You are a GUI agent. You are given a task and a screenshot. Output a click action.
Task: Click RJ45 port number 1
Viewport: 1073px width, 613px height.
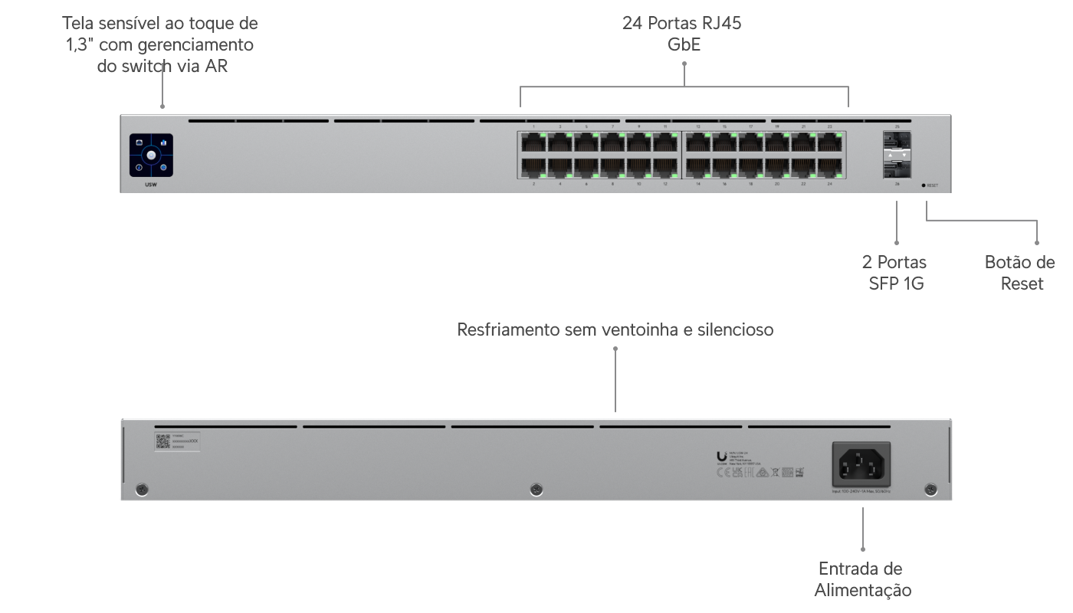[x=533, y=142]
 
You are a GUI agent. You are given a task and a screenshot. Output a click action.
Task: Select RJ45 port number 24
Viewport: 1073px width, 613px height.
[x=830, y=166]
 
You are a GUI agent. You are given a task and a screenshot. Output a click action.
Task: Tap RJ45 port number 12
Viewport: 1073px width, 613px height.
[x=664, y=166]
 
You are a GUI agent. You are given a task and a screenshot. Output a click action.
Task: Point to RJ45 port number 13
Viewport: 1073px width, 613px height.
[x=698, y=142]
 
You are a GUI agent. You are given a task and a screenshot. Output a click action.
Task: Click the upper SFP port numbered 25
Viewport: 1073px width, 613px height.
[x=897, y=142]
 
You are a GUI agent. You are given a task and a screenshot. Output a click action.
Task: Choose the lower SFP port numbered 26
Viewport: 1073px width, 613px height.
[x=897, y=167]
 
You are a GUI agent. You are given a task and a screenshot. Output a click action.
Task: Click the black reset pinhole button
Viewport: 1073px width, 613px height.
[x=924, y=185]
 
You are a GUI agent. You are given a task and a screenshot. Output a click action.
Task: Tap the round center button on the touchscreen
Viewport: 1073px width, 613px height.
[x=152, y=156]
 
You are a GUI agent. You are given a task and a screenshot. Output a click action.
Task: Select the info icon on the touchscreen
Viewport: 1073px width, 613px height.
[x=139, y=168]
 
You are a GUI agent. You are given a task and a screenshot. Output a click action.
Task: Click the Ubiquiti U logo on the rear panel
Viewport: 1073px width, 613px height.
[x=721, y=453]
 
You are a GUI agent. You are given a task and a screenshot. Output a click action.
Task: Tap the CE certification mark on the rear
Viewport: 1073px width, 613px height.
[x=720, y=473]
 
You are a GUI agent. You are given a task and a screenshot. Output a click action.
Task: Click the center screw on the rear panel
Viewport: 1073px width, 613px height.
[x=536, y=489]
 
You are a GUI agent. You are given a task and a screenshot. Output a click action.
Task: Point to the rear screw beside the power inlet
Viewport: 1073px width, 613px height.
[x=931, y=489]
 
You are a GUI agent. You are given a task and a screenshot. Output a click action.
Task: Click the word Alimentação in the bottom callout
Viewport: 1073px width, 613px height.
[x=862, y=590]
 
